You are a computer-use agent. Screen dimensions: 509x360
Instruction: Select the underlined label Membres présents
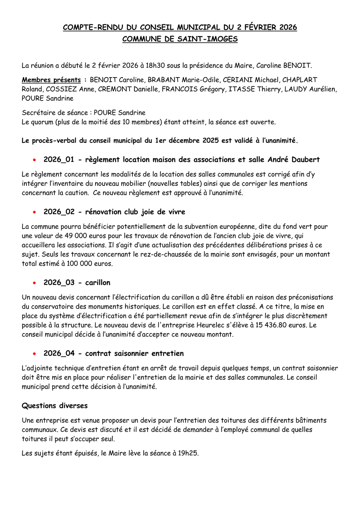pyautogui.click(x=51, y=80)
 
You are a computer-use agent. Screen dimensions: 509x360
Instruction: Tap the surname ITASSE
pyautogui.click(x=241, y=89)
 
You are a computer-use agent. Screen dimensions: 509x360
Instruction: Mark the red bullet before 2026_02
pyautogui.click(x=34, y=212)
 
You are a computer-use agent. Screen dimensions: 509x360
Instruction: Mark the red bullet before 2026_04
pyautogui.click(x=34, y=354)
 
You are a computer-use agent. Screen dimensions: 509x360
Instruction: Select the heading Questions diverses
pyautogui.click(x=55, y=405)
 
